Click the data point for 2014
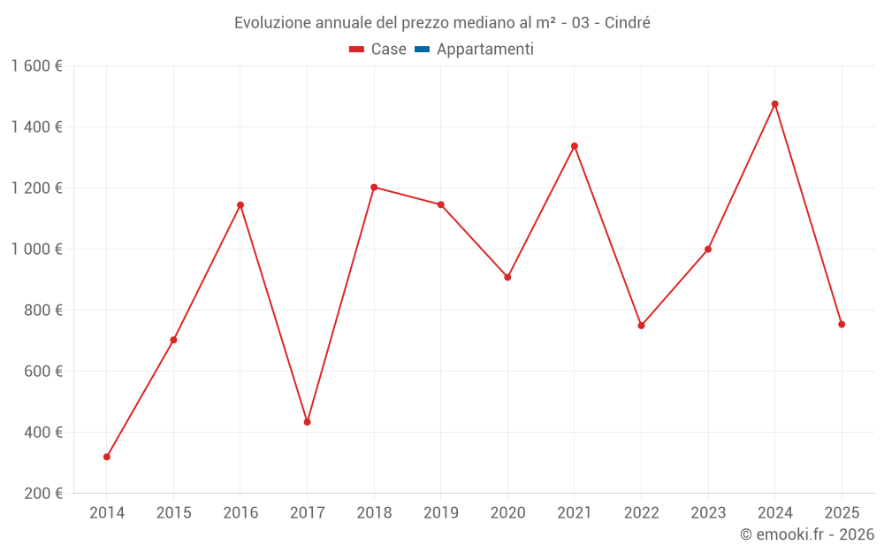click(107, 457)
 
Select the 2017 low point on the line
click(307, 422)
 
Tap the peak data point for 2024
click(774, 104)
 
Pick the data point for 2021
click(575, 146)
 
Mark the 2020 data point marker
click(507, 277)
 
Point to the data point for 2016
click(240, 205)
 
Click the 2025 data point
click(842, 324)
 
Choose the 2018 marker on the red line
click(374, 188)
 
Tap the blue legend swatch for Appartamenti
click(422, 50)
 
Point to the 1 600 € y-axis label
click(36, 66)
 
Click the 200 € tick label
click(44, 494)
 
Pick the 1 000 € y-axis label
click(36, 250)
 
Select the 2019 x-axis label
click(441, 512)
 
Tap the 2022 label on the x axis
click(641, 512)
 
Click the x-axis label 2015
click(173, 512)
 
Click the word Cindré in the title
click(628, 23)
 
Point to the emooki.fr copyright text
click(806, 534)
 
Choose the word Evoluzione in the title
click(271, 23)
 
